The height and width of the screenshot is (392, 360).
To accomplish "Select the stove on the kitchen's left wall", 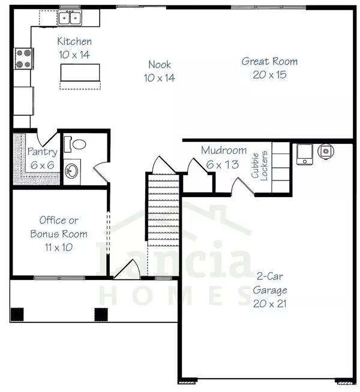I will coord(23,59).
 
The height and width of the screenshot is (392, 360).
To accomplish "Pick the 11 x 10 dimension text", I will coord(59,246).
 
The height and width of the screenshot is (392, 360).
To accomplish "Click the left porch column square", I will coord(19,313).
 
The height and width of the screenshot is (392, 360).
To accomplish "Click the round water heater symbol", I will coord(326,151).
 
